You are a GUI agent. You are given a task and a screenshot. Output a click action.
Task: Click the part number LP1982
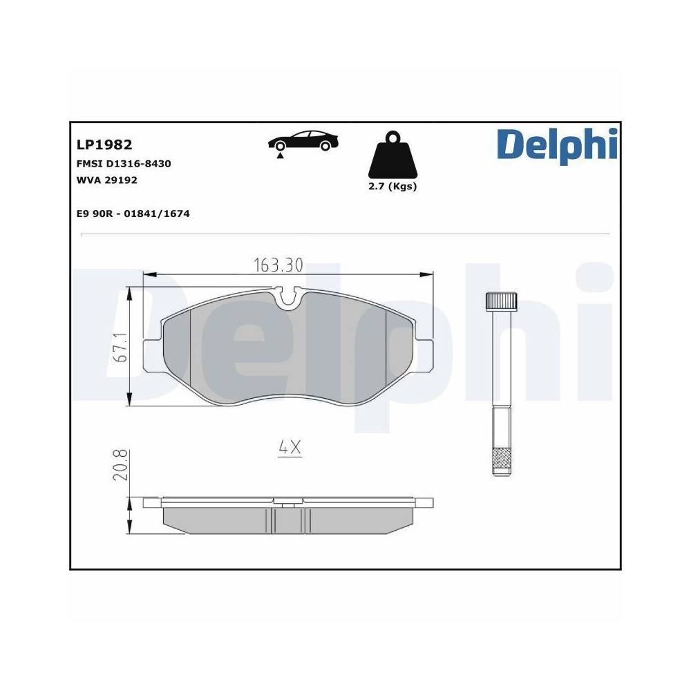coord(104,144)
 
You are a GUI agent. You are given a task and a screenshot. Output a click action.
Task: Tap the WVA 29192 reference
coord(106,180)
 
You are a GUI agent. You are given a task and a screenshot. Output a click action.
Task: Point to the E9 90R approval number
coord(133,214)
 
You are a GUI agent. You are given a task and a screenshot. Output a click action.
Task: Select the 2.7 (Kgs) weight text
coord(392,187)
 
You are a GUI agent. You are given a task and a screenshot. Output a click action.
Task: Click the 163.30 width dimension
coord(278,265)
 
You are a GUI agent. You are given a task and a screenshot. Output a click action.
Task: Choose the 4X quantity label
coord(290,448)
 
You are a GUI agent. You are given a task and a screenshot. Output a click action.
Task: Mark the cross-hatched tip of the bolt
coord(501,459)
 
